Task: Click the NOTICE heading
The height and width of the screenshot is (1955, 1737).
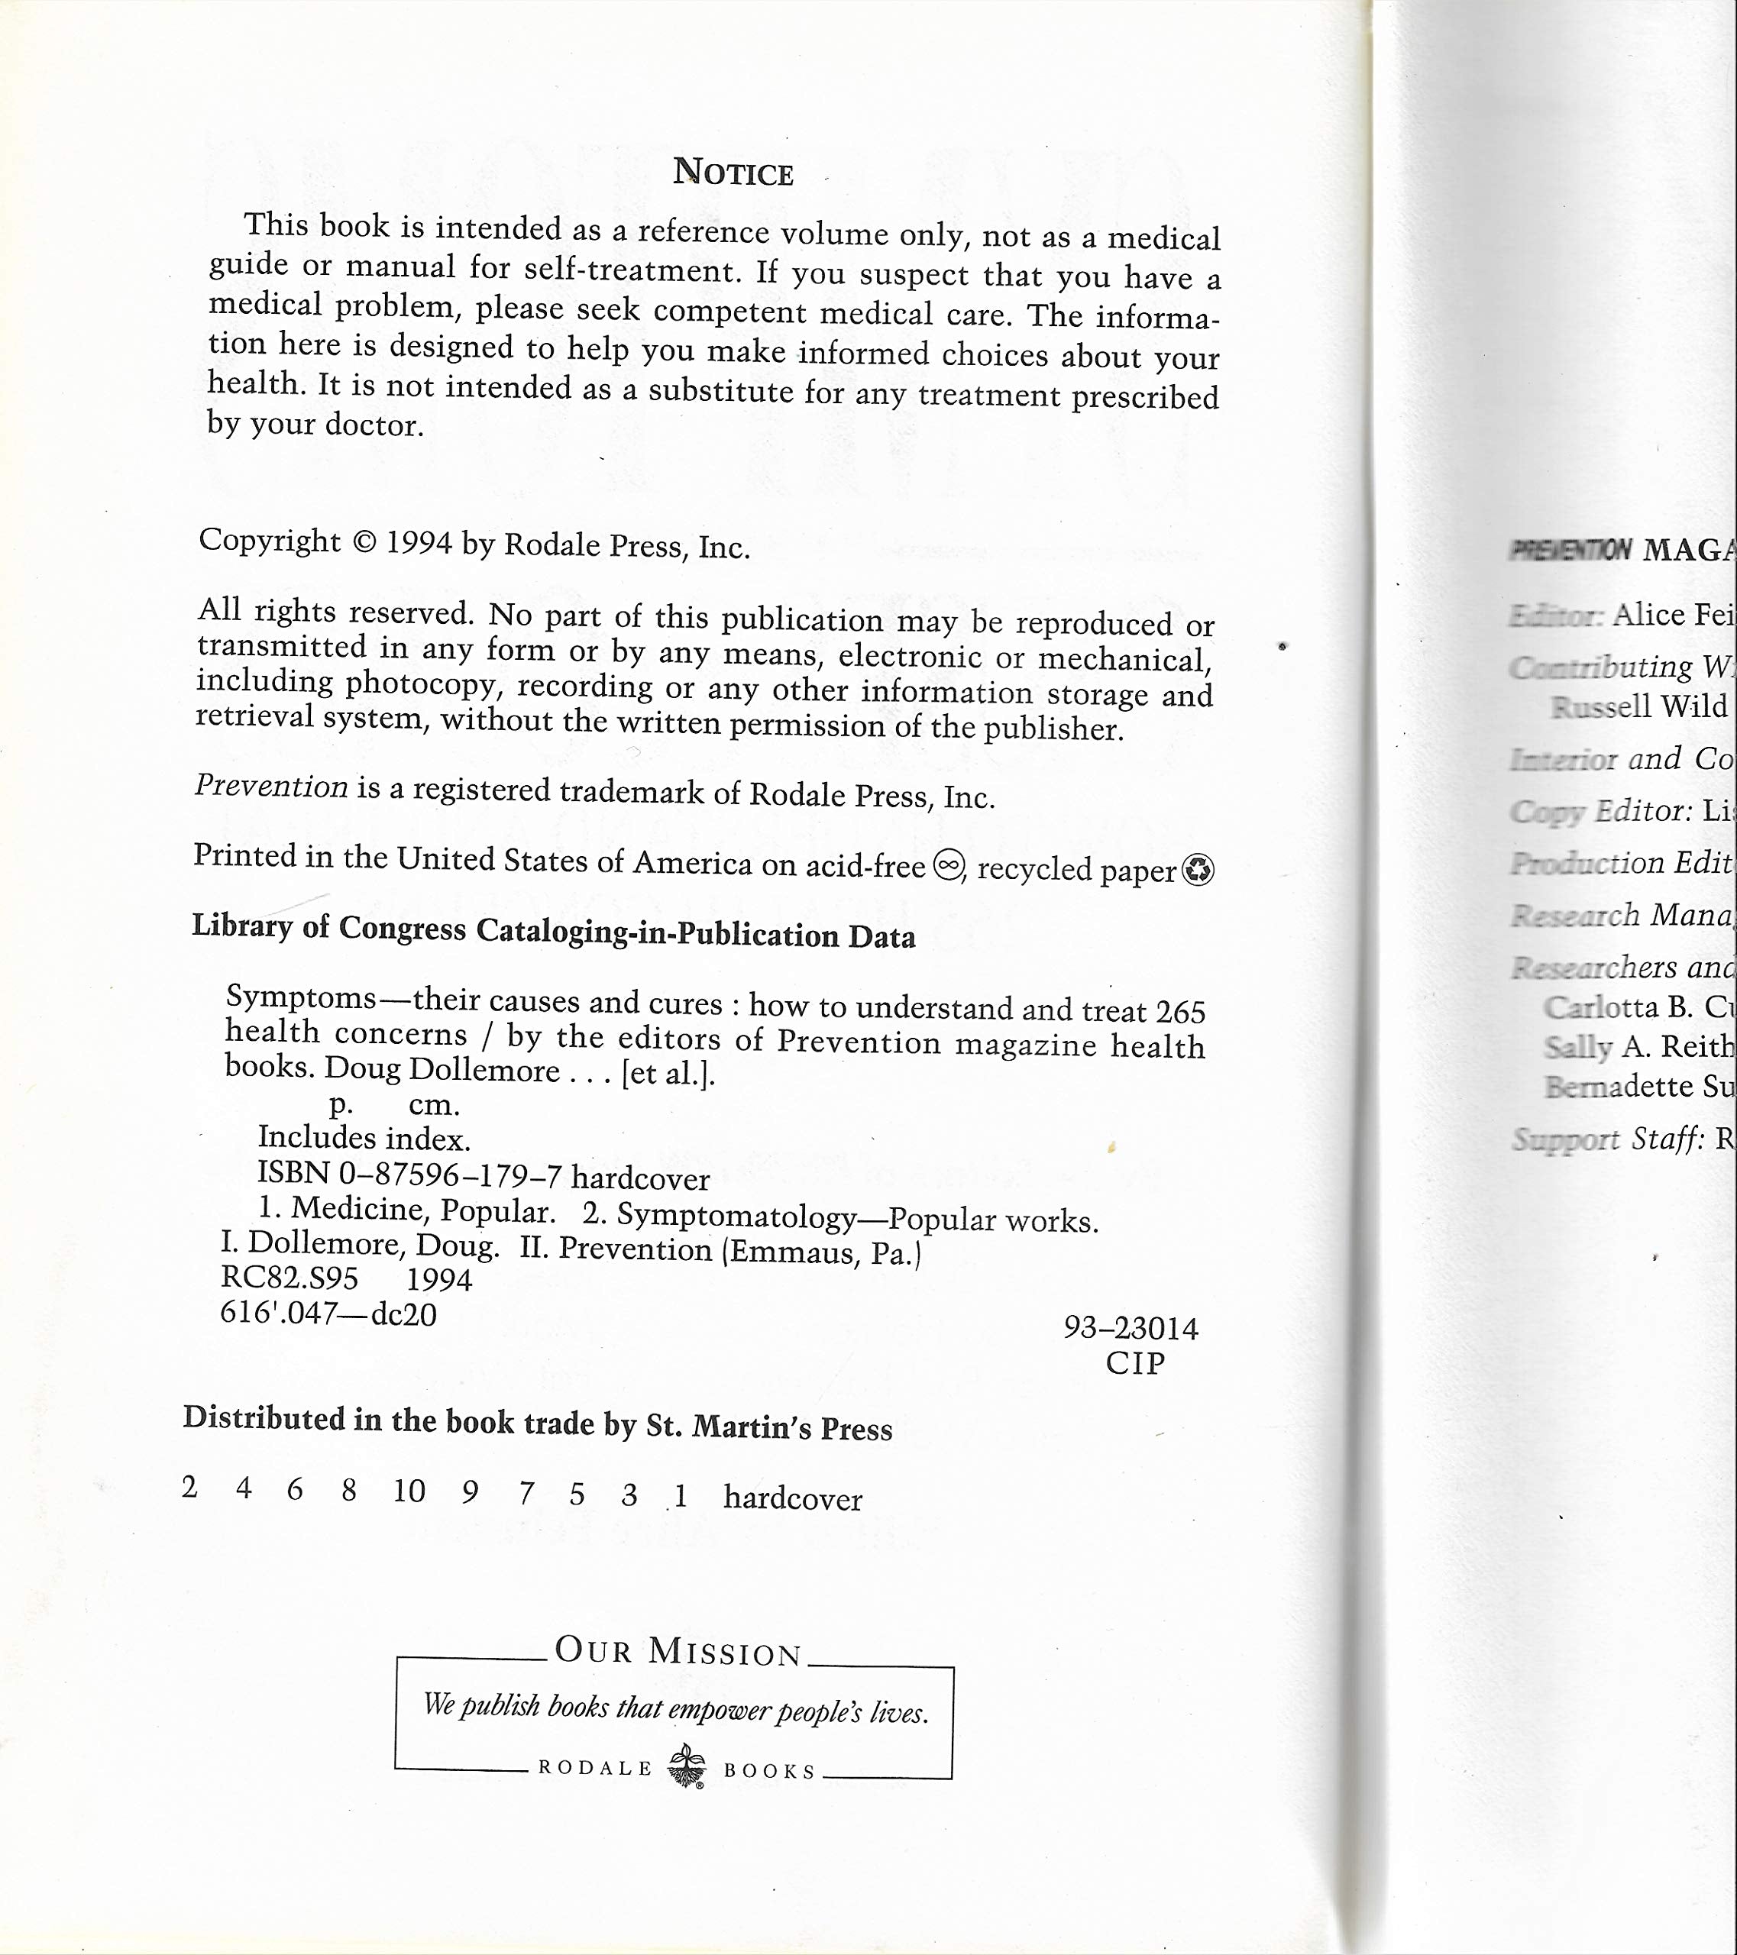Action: pyautogui.click(x=733, y=172)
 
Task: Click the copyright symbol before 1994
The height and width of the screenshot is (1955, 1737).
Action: pyautogui.click(x=364, y=542)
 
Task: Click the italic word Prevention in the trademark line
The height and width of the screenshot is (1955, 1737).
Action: pyautogui.click(x=272, y=787)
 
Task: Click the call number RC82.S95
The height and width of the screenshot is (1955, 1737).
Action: pyautogui.click(x=289, y=1279)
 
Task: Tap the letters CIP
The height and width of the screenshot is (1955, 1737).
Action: pyautogui.click(x=1135, y=1363)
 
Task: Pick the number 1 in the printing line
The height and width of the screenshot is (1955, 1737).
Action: pyautogui.click(x=680, y=1496)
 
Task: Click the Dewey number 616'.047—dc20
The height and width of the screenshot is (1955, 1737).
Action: pyautogui.click(x=328, y=1314)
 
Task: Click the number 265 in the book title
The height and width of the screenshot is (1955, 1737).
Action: pyautogui.click(x=1180, y=1012)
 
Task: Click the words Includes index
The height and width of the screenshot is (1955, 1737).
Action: pyautogui.click(x=364, y=1138)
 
